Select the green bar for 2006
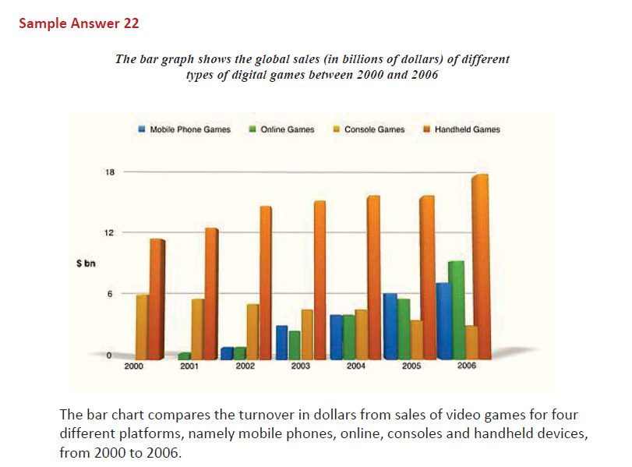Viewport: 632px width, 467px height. click(x=455, y=310)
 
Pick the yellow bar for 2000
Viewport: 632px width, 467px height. click(x=142, y=326)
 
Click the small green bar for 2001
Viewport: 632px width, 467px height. click(x=185, y=356)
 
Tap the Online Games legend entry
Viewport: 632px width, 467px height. click(x=282, y=129)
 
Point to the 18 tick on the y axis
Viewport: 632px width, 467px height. click(x=111, y=172)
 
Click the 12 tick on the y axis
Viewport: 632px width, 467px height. click(x=111, y=233)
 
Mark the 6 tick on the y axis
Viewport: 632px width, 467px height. click(x=111, y=294)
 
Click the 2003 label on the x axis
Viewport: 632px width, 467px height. click(x=301, y=366)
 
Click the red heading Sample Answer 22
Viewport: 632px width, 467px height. click(x=79, y=23)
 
